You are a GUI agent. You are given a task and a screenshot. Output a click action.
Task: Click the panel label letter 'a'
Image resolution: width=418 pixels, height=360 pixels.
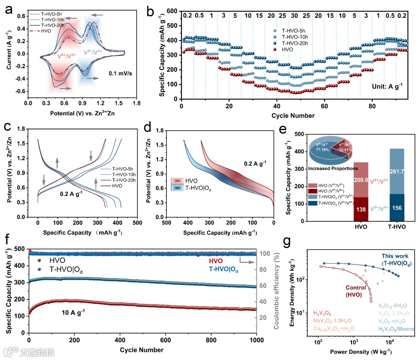9,8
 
